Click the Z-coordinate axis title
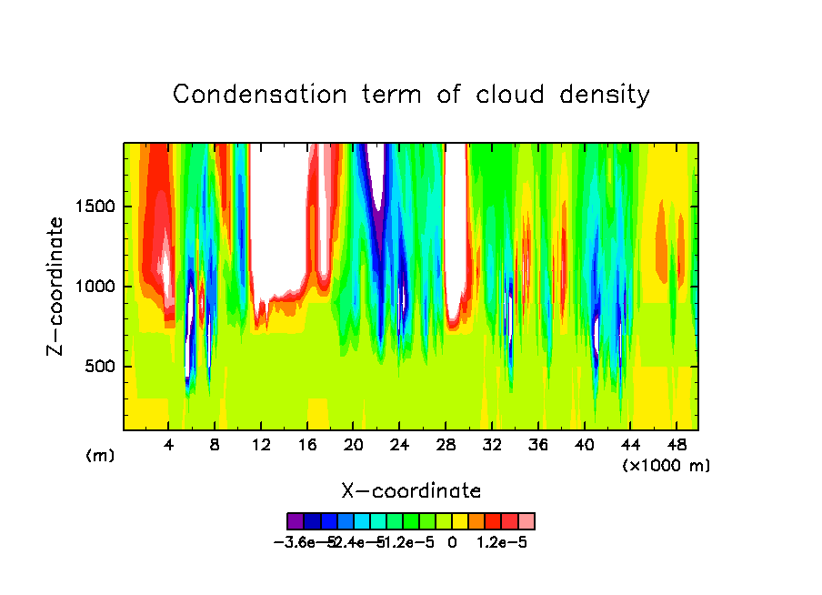point(56,286)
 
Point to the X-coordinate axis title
point(411,491)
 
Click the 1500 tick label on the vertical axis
point(94,207)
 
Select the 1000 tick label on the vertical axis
point(94,287)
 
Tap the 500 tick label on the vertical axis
point(98,367)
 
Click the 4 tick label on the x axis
point(169,445)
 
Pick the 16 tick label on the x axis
point(307,445)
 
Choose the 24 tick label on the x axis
point(399,445)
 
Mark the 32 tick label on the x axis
point(491,445)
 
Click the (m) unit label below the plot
point(100,456)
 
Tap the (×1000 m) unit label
point(666,466)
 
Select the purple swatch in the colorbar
point(296,521)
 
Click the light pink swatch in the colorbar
point(526,521)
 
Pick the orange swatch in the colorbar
point(476,521)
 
